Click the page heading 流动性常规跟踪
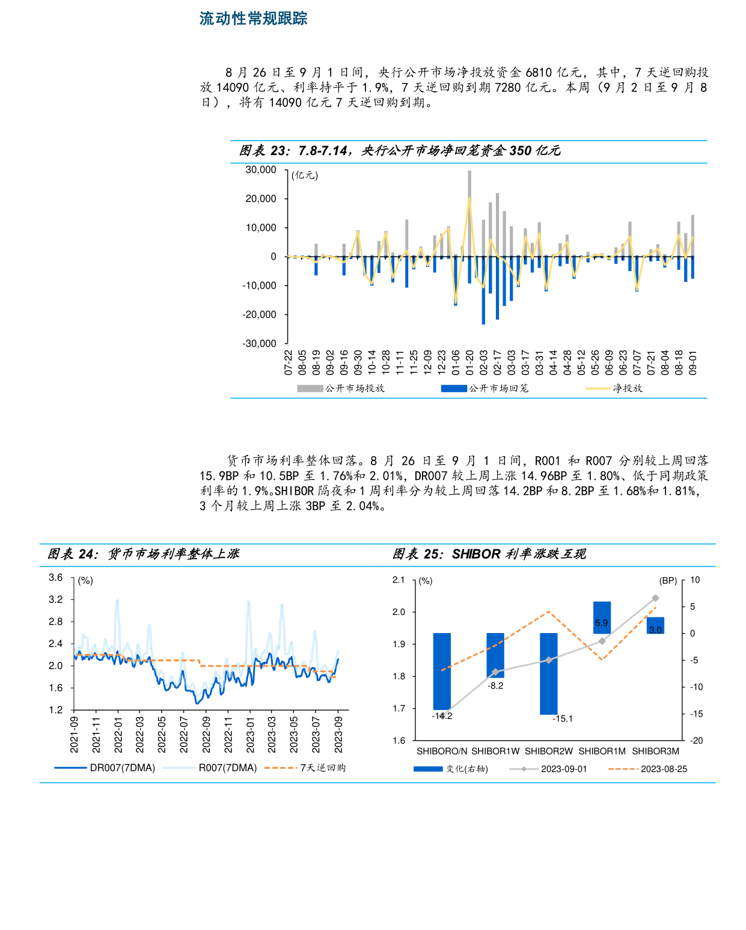(253, 19)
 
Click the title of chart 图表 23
(400, 151)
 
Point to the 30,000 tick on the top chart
(260, 170)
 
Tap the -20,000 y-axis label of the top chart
(259, 314)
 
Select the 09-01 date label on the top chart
(692, 363)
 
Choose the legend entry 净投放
(628, 388)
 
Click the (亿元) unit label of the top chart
(305, 176)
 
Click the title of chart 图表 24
(144, 554)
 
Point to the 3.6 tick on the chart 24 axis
(56, 578)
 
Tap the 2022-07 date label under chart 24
(184, 734)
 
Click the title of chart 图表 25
(489, 554)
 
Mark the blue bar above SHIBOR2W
(548, 673)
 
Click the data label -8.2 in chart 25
(496, 686)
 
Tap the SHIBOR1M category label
(602, 751)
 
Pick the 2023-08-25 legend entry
(664, 769)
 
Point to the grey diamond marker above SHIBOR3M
(655, 598)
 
